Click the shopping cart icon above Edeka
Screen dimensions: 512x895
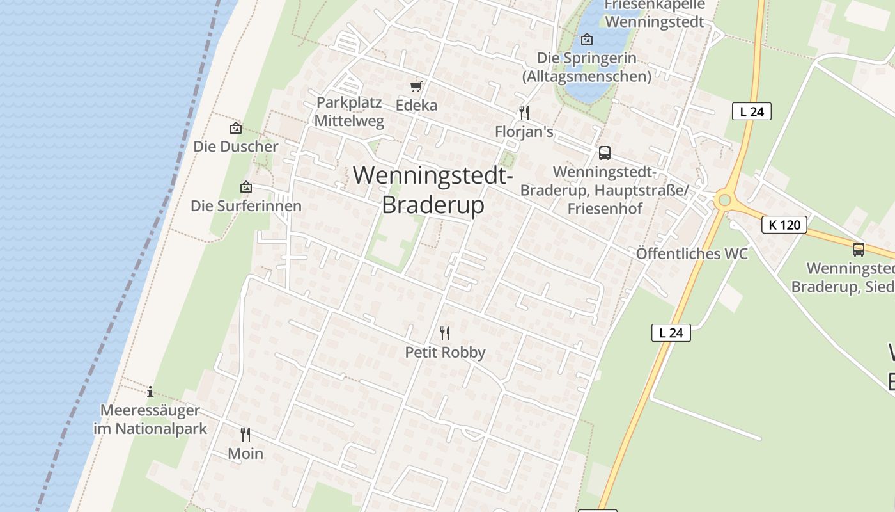pyautogui.click(x=416, y=86)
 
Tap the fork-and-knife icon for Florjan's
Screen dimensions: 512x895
pyautogui.click(x=524, y=113)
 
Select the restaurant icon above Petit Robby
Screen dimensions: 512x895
pyautogui.click(x=445, y=333)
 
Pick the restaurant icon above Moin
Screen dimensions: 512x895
pyautogui.click(x=245, y=434)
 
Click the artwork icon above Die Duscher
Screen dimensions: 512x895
pyautogui.click(x=236, y=128)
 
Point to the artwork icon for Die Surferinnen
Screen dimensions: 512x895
pyautogui.click(x=246, y=187)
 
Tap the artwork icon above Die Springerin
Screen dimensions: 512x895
pyautogui.click(x=586, y=39)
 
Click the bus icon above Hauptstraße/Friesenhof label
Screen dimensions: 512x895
pyautogui.click(x=604, y=153)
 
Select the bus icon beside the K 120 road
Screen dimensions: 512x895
pyautogui.click(x=859, y=250)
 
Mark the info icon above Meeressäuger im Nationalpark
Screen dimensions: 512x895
pyautogui.click(x=150, y=391)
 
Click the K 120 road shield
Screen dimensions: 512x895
pyautogui.click(x=784, y=225)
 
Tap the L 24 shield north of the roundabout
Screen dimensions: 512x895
pyautogui.click(x=752, y=111)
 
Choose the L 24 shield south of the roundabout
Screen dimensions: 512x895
pyautogui.click(x=671, y=332)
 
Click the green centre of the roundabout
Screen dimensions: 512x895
pyautogui.click(x=724, y=200)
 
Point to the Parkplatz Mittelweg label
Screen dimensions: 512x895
pyautogui.click(x=349, y=111)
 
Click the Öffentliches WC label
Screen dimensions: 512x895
pyautogui.click(x=692, y=253)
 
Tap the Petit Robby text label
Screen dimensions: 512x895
pyautogui.click(x=446, y=352)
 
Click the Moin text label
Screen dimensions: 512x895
pyautogui.click(x=245, y=453)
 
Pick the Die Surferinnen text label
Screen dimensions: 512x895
pyautogui.click(x=246, y=206)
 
